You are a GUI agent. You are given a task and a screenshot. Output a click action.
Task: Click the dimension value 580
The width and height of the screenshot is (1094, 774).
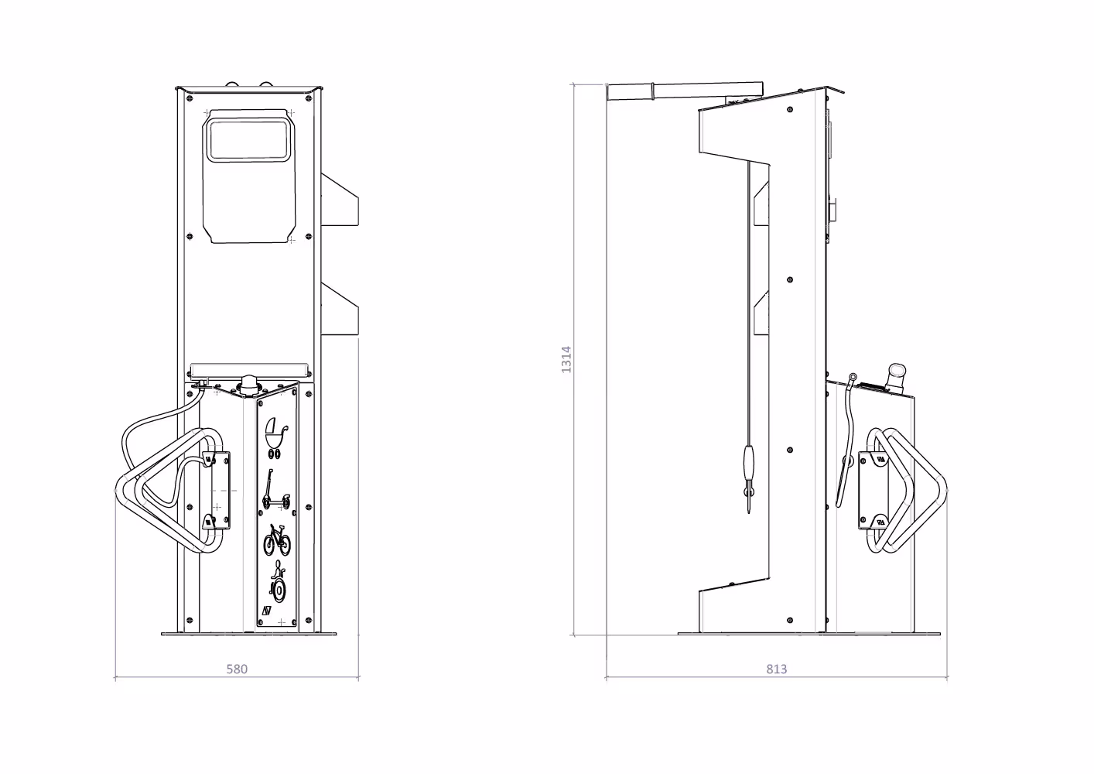tap(237, 669)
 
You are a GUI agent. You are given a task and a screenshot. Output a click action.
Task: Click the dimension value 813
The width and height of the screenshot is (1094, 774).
tap(777, 669)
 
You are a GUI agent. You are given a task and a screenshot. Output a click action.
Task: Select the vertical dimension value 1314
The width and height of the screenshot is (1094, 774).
tap(566, 360)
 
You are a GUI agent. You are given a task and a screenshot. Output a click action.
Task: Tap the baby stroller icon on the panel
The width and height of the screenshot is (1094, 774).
tap(276, 438)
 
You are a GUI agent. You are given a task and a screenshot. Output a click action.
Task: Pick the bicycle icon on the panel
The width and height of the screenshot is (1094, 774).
tap(277, 540)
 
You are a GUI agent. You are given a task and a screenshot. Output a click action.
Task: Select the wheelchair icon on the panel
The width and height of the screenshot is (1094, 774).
tap(278, 584)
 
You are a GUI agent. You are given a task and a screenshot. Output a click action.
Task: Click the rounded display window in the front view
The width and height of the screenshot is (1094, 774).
tap(248, 141)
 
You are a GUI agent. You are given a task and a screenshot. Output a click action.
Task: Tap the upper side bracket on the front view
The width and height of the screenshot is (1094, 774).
tap(340, 200)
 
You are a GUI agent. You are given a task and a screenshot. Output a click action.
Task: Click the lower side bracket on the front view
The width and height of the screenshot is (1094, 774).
tap(340, 309)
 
